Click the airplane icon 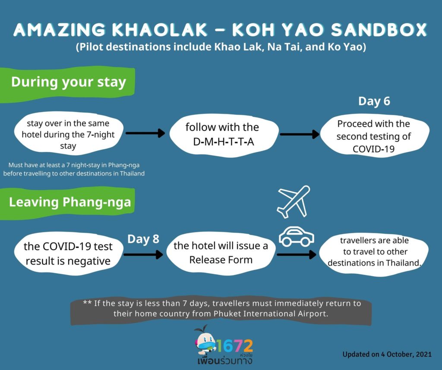pyautogui.click(x=294, y=201)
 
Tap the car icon pyautogui.click(x=296, y=237)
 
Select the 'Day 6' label pyautogui.click(x=374, y=101)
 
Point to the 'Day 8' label pyautogui.click(x=143, y=239)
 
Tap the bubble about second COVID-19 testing pyautogui.click(x=374, y=136)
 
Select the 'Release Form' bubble pyautogui.click(x=221, y=253)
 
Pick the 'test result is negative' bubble pyautogui.click(x=69, y=254)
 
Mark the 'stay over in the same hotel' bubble pyautogui.click(x=69, y=134)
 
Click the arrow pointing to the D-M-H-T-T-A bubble pyautogui.click(x=145, y=133)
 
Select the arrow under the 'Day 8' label pyautogui.click(x=143, y=254)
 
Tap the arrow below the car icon pyautogui.click(x=297, y=254)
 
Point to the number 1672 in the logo pyautogui.click(x=234, y=345)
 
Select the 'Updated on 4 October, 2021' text pyautogui.click(x=387, y=354)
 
